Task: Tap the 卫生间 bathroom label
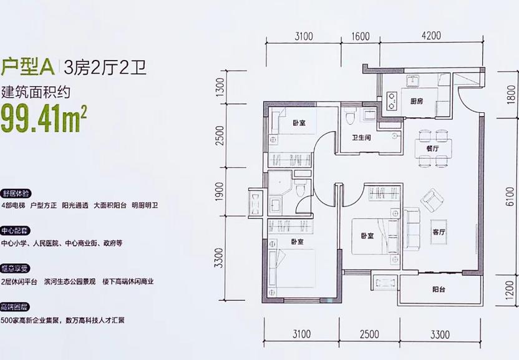coord(361,139)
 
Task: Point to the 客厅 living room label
coord(440,232)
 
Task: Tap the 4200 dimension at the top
coord(430,36)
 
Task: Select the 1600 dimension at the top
coord(361,36)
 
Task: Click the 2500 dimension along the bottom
coord(369,335)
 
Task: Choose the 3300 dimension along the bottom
coord(439,335)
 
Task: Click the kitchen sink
coord(412,81)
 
